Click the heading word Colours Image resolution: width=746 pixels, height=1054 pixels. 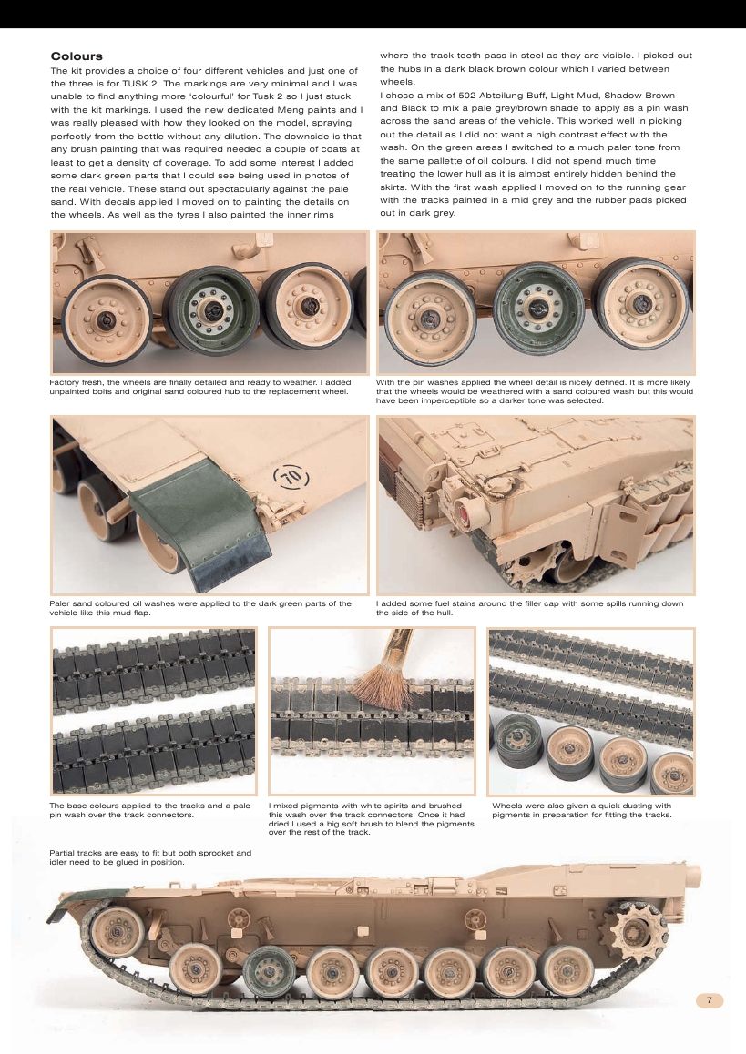pyautogui.click(x=77, y=56)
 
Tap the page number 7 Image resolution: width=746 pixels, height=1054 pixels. pyautogui.click(x=710, y=1000)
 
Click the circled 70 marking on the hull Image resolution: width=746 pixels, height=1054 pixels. pyautogui.click(x=290, y=477)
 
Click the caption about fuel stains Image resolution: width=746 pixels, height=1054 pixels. pyautogui.click(x=529, y=608)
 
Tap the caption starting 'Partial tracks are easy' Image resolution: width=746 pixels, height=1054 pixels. pyautogui.click(x=149, y=857)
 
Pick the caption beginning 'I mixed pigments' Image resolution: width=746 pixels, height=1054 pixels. pyautogui.click(x=372, y=818)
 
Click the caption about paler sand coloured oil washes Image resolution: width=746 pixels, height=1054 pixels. pyautogui.click(x=200, y=608)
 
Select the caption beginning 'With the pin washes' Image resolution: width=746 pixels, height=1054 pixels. pyautogui.click(x=535, y=391)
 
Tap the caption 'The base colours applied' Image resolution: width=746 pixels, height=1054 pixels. pyautogui.click(x=149, y=810)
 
